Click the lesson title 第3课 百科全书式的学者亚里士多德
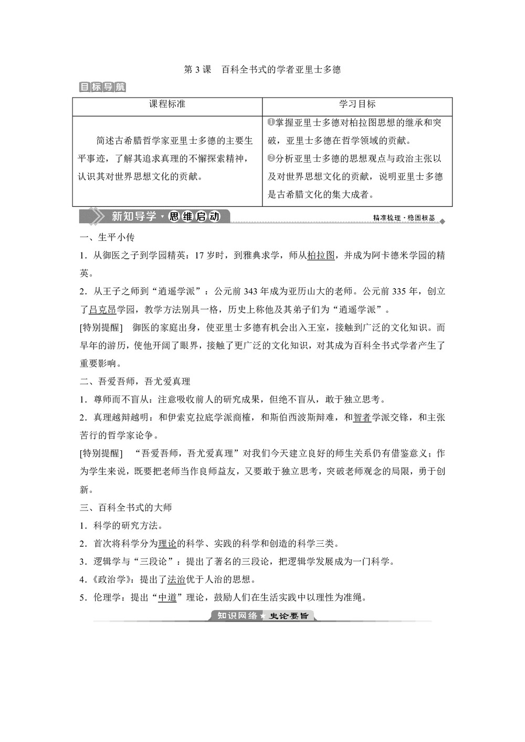[x=262, y=69]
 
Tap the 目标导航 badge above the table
[x=102, y=87]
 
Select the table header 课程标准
[x=167, y=104]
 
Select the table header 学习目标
[x=357, y=104]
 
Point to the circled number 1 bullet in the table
[x=271, y=122]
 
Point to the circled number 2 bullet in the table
[x=271, y=158]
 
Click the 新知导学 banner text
[x=134, y=216]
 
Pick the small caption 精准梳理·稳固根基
[x=404, y=218]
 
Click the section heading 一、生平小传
[x=107, y=237]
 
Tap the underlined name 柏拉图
[x=321, y=256]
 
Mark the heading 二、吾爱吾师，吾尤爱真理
[x=135, y=381]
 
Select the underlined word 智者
[x=362, y=418]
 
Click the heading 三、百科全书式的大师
[x=125, y=507]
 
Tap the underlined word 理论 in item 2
[x=167, y=544]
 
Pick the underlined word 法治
[x=176, y=579]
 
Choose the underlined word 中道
[x=167, y=597]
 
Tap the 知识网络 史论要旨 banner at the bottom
[x=263, y=616]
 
